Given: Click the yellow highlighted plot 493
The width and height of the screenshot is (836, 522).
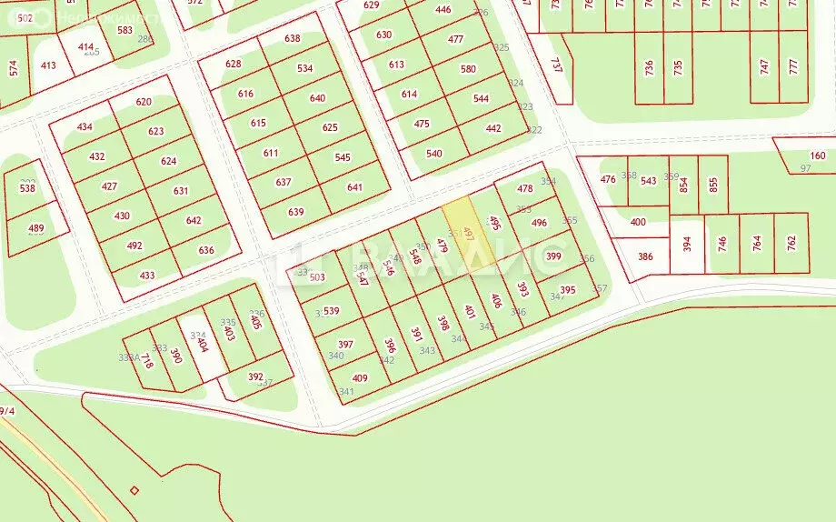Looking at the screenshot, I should click(468, 234).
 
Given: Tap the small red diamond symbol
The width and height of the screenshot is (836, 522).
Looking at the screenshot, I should click(134, 490).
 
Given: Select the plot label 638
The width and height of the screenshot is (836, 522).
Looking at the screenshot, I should click(292, 38).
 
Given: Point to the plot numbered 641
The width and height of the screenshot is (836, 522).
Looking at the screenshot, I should click(354, 187).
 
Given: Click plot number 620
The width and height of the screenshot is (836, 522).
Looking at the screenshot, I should click(144, 102).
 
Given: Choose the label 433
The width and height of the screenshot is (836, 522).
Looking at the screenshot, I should click(146, 276).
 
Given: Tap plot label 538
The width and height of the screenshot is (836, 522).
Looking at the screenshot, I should click(27, 189).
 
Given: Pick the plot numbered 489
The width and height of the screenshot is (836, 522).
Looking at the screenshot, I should click(35, 228).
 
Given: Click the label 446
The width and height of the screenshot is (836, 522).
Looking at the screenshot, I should click(443, 10).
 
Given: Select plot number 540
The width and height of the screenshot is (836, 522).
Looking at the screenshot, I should click(434, 153).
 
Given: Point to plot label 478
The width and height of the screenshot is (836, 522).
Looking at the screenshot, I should click(525, 189).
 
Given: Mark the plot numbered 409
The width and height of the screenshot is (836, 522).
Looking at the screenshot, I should click(360, 377).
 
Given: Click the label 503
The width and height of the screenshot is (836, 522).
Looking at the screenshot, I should click(316, 277).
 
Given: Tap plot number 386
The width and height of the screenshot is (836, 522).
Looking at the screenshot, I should click(645, 256).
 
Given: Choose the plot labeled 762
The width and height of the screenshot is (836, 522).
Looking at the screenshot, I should click(791, 242).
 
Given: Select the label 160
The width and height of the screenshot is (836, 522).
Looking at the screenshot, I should click(818, 156).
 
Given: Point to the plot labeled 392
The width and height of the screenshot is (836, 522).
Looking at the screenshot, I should click(255, 376).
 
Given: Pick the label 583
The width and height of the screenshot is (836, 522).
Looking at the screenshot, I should click(124, 30).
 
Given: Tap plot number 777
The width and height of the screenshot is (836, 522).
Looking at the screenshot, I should click(793, 66).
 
